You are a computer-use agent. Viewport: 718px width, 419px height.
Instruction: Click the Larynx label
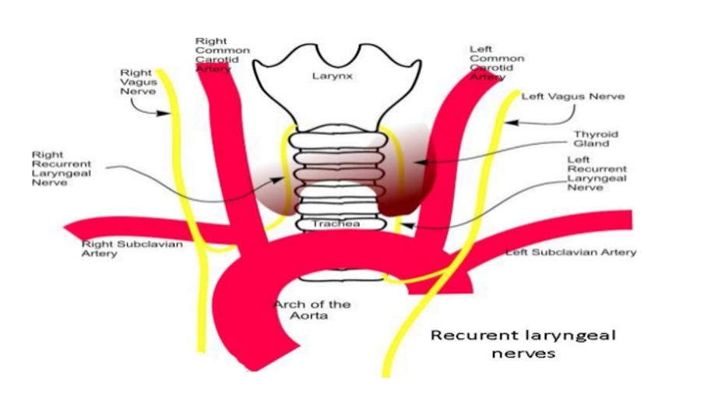(x=334, y=76)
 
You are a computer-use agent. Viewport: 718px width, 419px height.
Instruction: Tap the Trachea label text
(x=336, y=224)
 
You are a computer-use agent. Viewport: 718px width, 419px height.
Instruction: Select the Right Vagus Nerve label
(x=137, y=82)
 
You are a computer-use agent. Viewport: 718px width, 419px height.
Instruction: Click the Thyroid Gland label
(x=597, y=139)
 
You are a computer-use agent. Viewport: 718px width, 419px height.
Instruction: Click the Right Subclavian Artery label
(x=132, y=248)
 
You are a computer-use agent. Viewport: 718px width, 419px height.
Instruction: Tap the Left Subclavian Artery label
(x=571, y=252)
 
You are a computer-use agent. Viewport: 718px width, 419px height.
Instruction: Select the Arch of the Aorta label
(x=311, y=310)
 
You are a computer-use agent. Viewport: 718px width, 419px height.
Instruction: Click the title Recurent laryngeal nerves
(x=523, y=343)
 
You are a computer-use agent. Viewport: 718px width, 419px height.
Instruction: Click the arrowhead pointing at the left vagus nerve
(x=508, y=122)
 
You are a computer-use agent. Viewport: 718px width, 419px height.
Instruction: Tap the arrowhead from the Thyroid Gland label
(x=416, y=162)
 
